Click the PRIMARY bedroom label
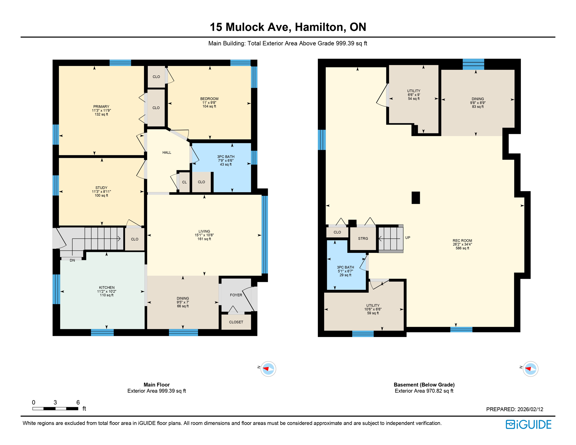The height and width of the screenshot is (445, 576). pos(101,107)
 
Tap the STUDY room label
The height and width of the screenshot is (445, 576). pos(101,188)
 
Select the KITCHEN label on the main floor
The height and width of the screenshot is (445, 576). pos(107,288)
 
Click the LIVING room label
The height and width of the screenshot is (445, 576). pos(204,231)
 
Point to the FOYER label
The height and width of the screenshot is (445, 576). pos(236,295)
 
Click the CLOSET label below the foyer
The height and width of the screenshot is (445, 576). pos(236,322)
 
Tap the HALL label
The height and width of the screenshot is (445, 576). pos(167,153)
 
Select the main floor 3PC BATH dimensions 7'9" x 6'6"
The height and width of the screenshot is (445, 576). pos(226,161)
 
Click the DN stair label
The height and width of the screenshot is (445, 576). pos(72,260)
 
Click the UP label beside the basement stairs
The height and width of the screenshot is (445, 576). pos(408,238)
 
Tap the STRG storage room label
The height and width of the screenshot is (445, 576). pos(363,239)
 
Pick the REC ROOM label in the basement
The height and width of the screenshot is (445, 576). pos(462,241)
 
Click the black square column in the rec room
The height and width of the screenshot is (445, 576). pos(416,198)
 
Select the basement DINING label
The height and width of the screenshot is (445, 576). pos(477,99)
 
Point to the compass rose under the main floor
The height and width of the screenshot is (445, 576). pos(268,369)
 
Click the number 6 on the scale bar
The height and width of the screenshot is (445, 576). pos(78,402)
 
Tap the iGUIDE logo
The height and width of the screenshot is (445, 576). pos(528,425)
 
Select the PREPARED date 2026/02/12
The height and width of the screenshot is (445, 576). pos(530,409)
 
